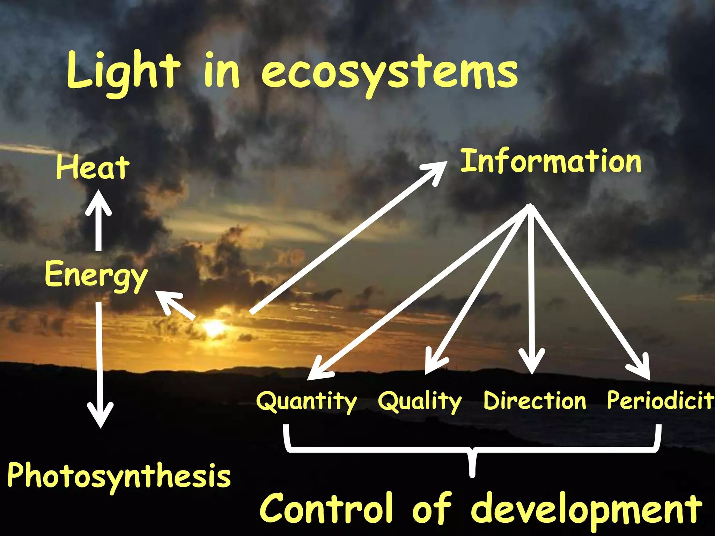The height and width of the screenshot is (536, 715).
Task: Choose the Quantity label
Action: point(306,401)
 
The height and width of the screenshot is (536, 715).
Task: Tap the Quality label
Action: point(420,401)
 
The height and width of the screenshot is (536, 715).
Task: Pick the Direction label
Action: point(535,401)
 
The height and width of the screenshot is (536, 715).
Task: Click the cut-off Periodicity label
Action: point(660,401)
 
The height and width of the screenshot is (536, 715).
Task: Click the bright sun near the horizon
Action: point(213,328)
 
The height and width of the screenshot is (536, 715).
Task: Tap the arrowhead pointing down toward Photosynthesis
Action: point(100,417)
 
